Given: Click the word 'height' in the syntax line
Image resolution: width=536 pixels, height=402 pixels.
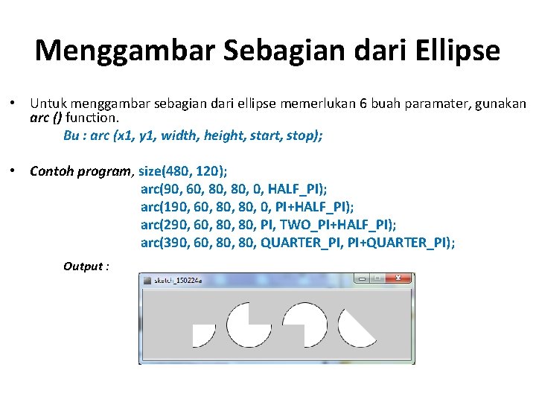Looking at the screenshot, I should [225, 135].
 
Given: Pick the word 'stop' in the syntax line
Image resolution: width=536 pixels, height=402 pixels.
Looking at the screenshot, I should [303, 135].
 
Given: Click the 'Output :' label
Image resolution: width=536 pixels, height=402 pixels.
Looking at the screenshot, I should [86, 267].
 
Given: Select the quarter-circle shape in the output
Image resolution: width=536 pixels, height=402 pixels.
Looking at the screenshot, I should [202, 334].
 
